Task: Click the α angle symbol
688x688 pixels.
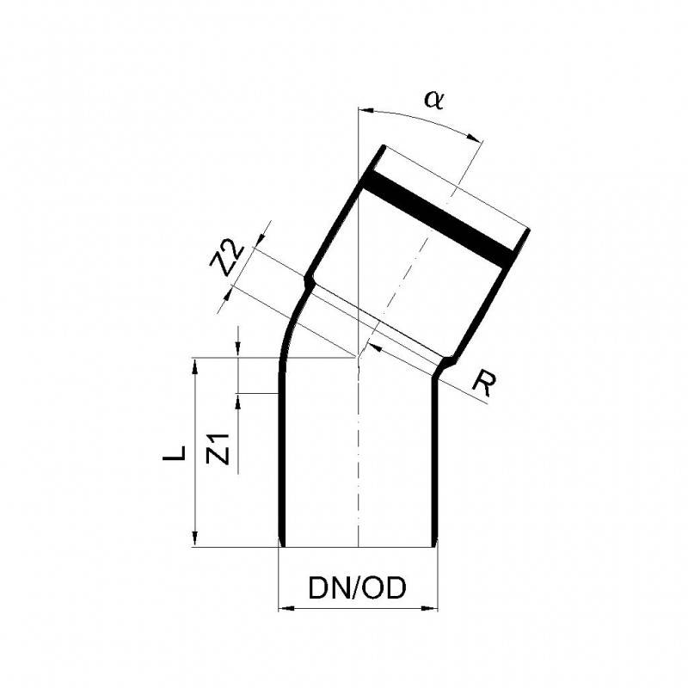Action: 434,100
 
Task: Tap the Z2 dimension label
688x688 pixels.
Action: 226,259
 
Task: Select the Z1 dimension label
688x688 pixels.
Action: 218,448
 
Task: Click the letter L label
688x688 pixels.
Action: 175,453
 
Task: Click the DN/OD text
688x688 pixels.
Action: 357,588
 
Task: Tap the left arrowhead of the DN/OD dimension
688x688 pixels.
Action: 286,609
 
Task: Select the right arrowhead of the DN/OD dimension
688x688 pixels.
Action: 429,609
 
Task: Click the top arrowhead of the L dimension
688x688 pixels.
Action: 195,366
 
